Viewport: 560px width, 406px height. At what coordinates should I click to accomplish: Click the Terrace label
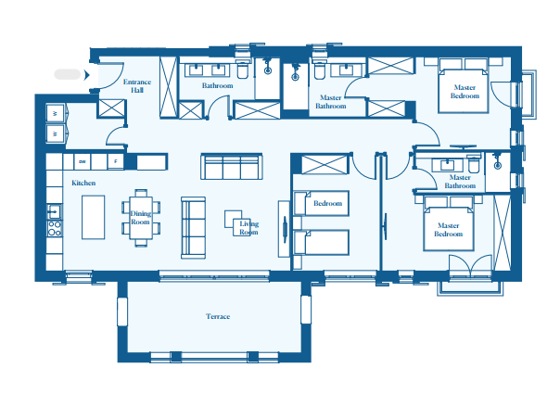[218, 316]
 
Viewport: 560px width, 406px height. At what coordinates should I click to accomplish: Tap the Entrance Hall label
[137, 86]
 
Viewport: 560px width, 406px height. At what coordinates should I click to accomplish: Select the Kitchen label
[83, 183]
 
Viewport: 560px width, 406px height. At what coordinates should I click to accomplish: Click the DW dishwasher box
[83, 162]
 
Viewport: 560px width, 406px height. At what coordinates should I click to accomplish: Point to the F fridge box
[115, 162]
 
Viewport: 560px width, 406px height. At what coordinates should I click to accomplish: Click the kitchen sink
[55, 212]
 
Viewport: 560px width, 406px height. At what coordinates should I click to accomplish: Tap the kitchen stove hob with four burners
[55, 229]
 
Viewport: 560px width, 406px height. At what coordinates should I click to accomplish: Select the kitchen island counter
[94, 217]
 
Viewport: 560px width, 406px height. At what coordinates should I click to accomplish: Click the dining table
[141, 218]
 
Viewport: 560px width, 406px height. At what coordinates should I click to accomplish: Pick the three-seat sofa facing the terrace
[232, 167]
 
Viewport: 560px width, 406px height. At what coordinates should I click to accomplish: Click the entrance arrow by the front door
[87, 75]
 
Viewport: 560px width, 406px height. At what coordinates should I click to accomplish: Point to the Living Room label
[248, 228]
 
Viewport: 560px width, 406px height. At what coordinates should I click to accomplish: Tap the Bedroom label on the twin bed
[328, 203]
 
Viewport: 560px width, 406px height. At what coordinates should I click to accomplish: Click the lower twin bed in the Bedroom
[321, 243]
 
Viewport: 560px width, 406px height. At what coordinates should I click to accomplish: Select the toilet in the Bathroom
[243, 70]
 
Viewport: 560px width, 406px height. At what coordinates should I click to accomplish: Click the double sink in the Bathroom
[207, 70]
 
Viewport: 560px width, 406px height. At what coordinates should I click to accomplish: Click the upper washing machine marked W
[56, 114]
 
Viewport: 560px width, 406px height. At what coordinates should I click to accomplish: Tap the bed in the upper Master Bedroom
[464, 91]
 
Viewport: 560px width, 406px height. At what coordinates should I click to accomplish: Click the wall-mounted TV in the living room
[285, 229]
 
